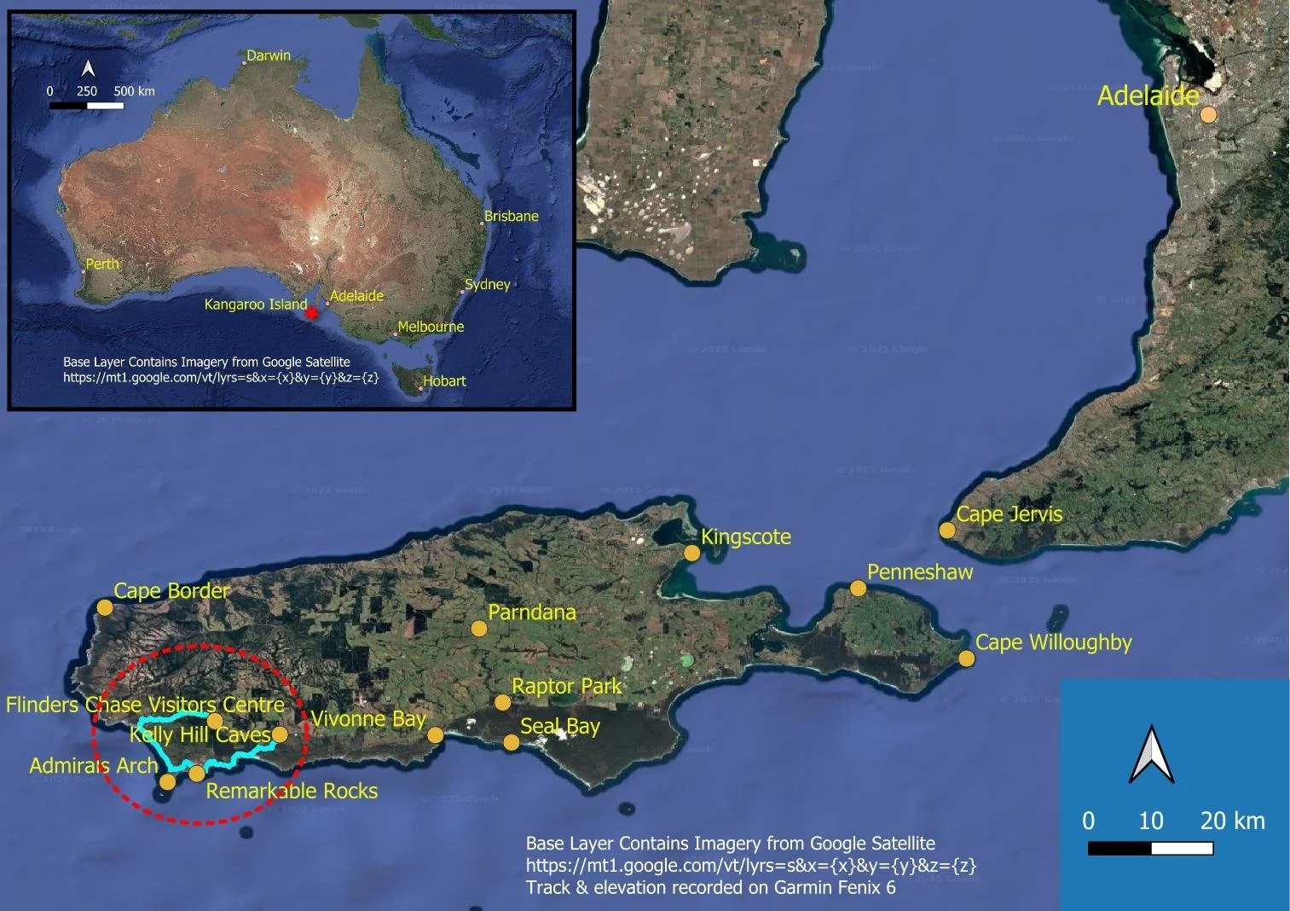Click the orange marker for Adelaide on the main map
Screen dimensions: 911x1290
click(1208, 114)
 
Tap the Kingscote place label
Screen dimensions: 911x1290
click(746, 537)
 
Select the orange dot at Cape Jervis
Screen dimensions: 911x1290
click(947, 531)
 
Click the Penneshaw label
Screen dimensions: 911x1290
click(920, 572)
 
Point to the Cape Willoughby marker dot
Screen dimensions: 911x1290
click(966, 659)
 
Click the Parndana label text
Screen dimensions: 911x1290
click(532, 612)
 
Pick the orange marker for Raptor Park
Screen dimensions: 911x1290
click(503, 702)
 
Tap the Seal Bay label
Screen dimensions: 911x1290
click(560, 726)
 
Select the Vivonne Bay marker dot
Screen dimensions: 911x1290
click(436, 734)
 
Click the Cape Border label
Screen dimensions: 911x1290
click(172, 590)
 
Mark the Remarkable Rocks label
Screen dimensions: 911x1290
click(292, 791)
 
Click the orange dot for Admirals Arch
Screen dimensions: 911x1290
click(168, 781)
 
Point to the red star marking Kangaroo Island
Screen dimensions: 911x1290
click(312, 313)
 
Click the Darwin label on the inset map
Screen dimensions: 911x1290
click(269, 55)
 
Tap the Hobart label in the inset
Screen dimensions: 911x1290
click(445, 381)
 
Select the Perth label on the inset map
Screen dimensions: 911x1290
click(102, 264)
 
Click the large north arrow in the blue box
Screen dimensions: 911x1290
click(1151, 754)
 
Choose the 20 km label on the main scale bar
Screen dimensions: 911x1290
click(1233, 821)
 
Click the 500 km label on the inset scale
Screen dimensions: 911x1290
click(135, 90)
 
